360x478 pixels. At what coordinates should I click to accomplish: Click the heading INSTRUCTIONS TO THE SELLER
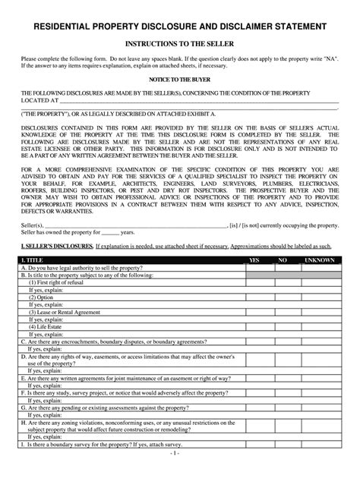click(x=179, y=45)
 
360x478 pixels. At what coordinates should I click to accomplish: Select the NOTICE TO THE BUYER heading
click(x=179, y=78)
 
